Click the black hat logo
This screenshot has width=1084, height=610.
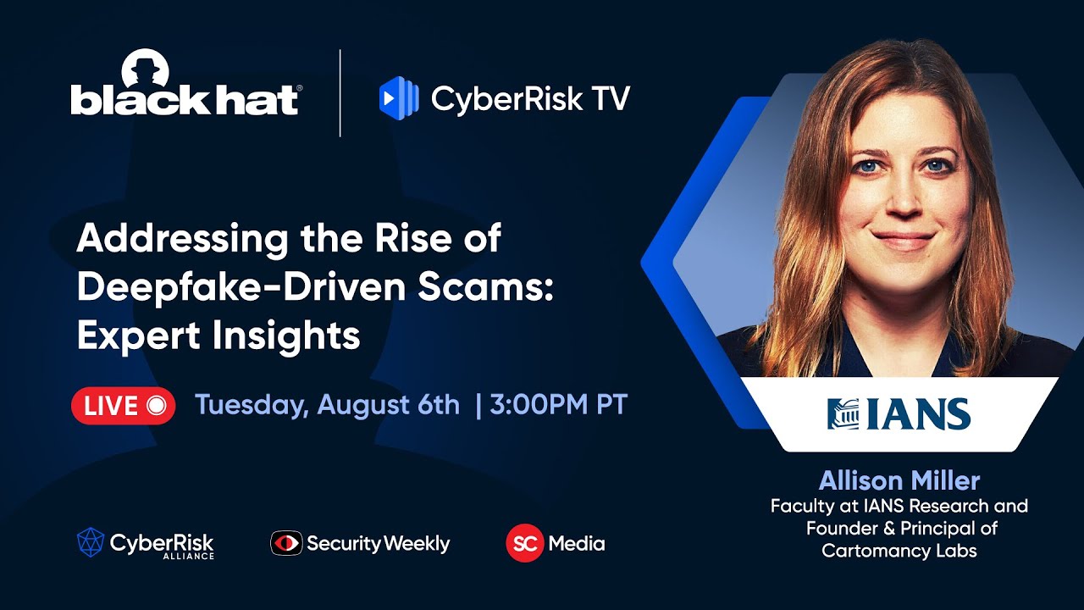[x=185, y=93]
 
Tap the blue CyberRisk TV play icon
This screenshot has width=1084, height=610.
[x=399, y=97]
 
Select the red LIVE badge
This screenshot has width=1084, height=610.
[x=124, y=406]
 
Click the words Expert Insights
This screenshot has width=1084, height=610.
[x=218, y=335]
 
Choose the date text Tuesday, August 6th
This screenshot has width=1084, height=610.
[x=327, y=405]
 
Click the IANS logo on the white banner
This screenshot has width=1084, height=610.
[x=899, y=414]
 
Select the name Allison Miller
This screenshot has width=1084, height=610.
[x=899, y=481]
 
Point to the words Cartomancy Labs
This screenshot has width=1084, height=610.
[x=899, y=551]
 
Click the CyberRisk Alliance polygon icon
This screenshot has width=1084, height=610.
[x=91, y=542]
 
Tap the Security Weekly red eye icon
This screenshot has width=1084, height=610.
[x=286, y=543]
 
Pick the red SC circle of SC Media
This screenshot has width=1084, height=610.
[x=524, y=543]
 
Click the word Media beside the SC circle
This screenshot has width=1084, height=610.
[x=577, y=543]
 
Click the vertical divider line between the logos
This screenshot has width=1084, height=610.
[x=340, y=93]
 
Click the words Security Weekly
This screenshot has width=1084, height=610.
[x=378, y=543]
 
